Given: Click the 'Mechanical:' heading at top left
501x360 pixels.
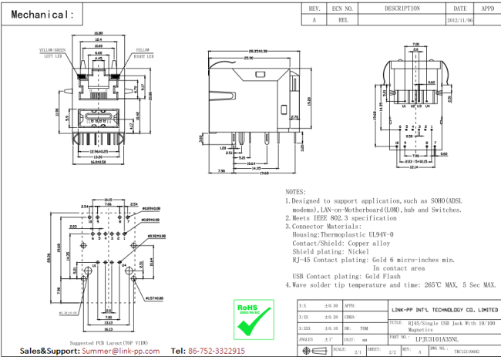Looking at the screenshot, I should point(43,14).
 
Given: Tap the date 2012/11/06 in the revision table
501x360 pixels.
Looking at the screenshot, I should point(460,22).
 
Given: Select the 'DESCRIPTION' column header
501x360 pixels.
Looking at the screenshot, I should point(402,8).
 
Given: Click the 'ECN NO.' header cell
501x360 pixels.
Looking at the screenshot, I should point(343,8).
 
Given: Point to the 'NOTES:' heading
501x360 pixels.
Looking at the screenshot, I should point(296,191).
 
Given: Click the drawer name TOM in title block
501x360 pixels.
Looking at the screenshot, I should point(364,328).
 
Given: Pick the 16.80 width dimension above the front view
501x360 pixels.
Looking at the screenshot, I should point(98,34).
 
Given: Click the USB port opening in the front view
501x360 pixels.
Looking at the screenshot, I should point(98,121).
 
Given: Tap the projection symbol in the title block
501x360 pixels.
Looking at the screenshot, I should point(314,351).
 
